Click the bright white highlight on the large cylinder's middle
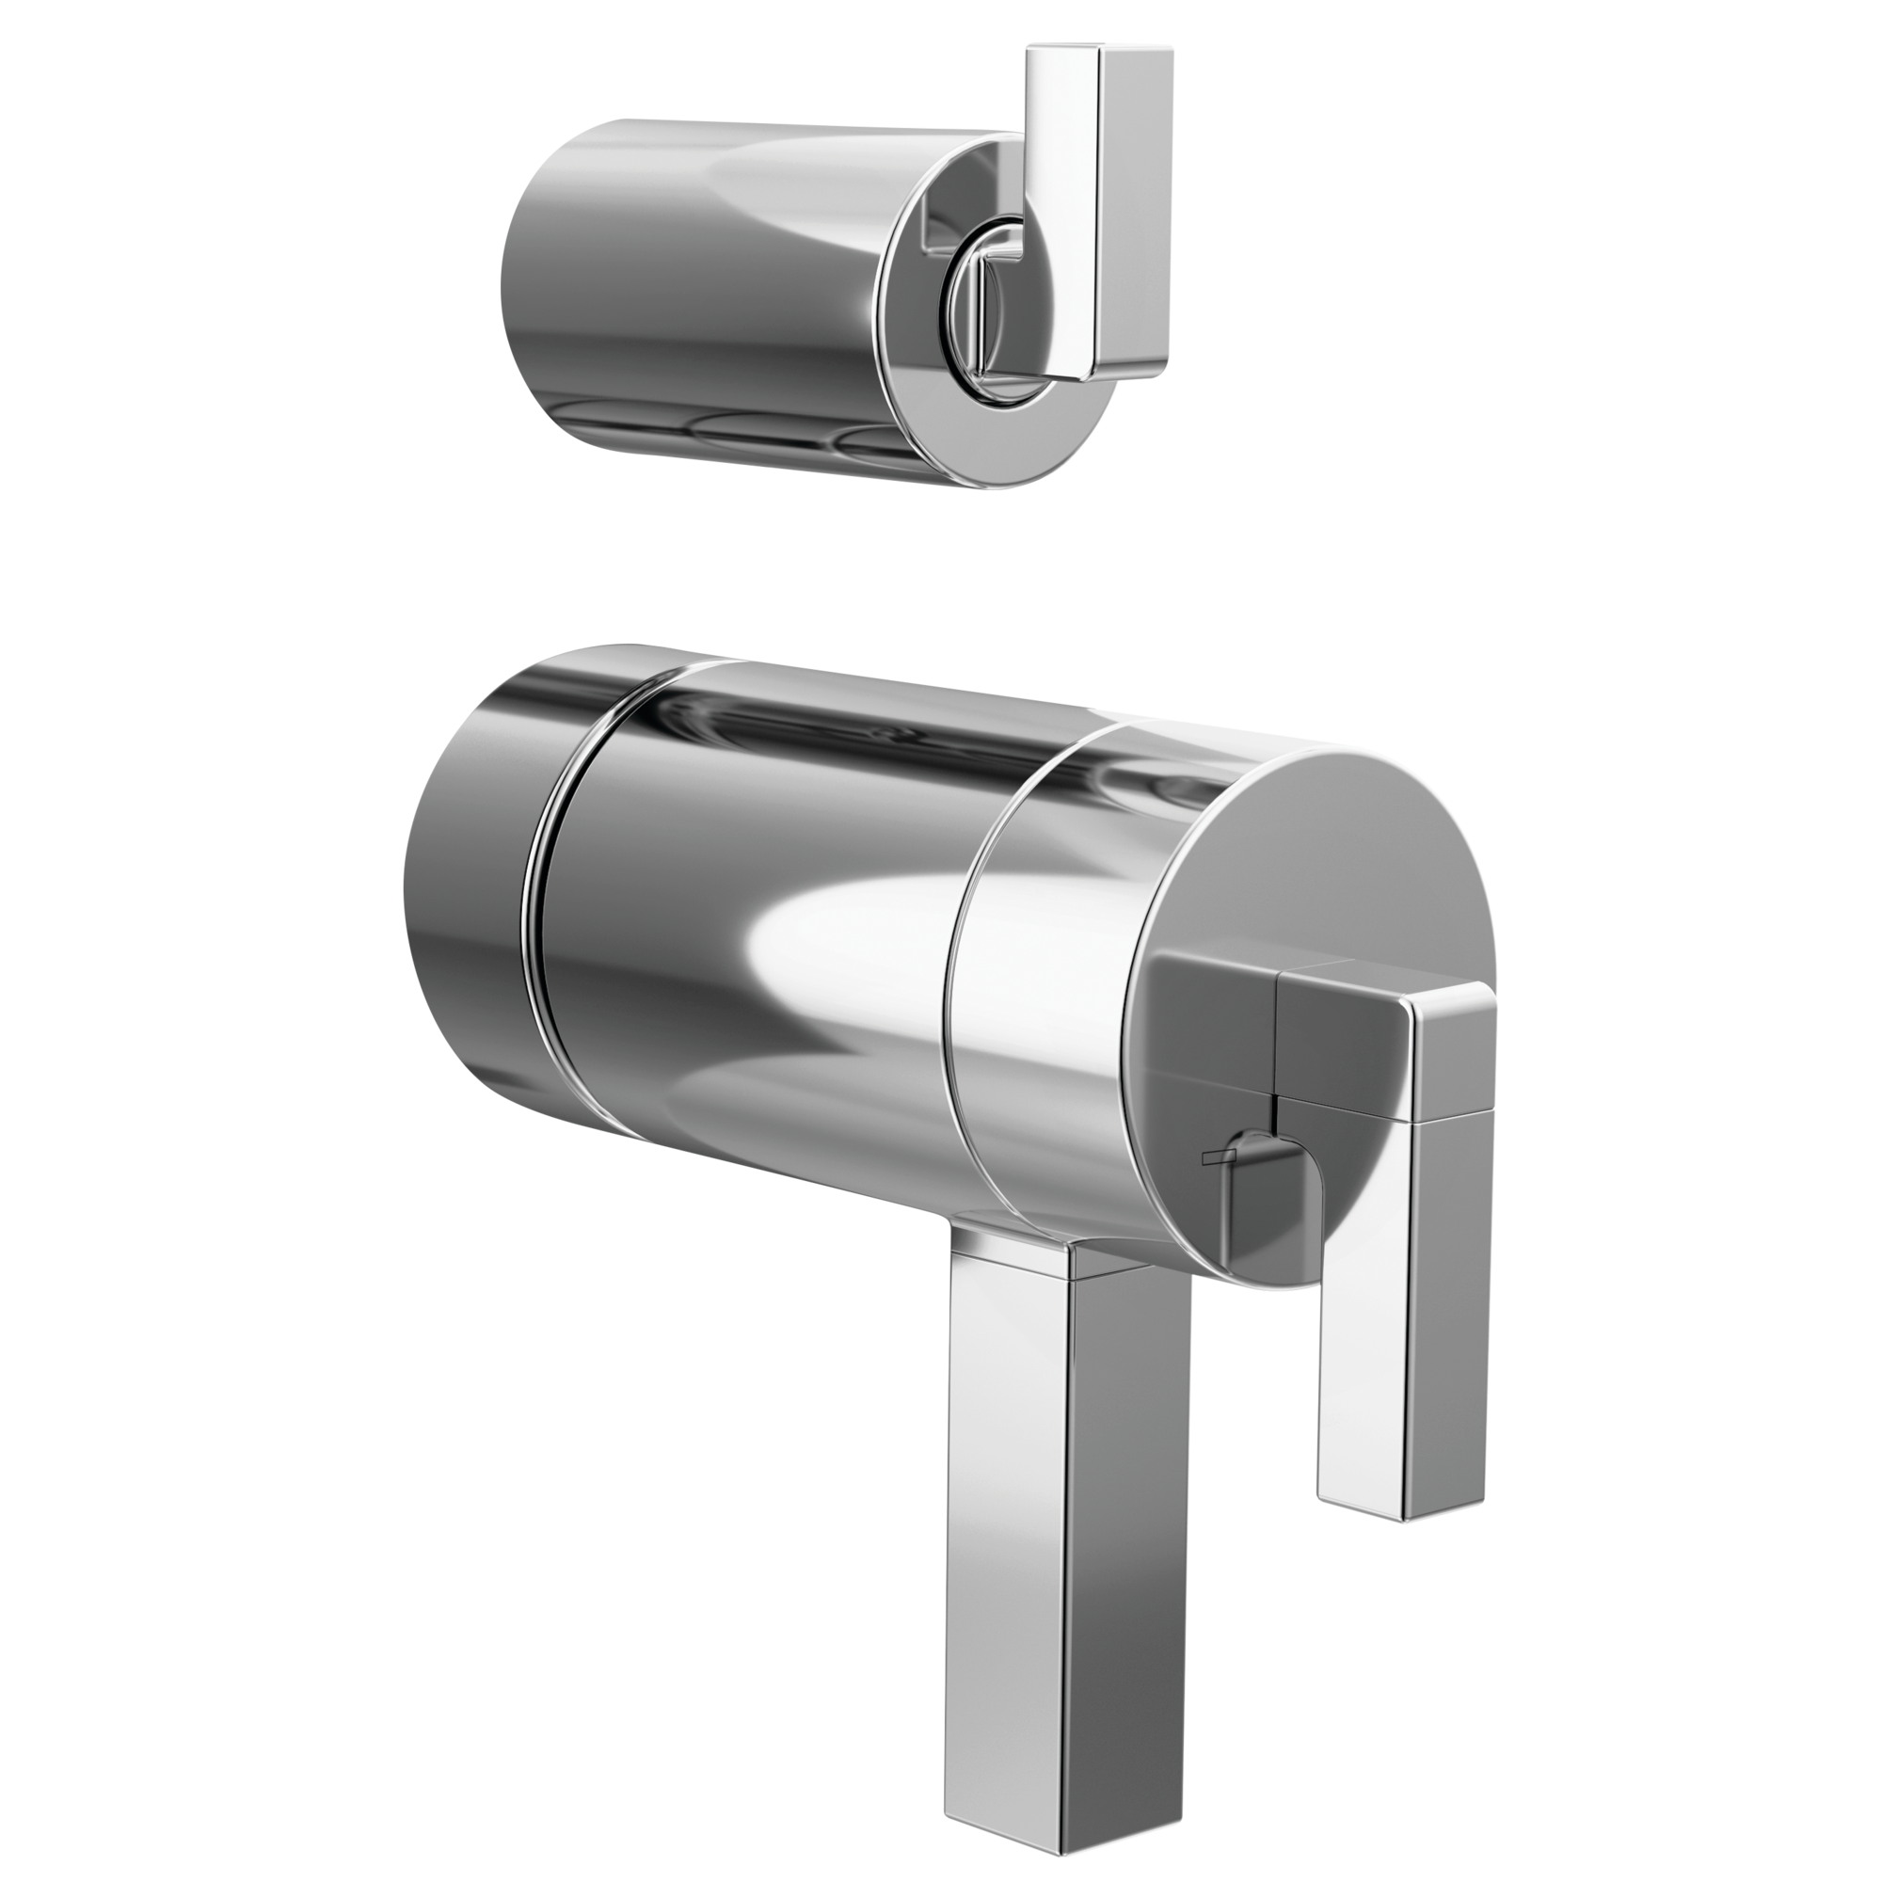click(828, 935)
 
